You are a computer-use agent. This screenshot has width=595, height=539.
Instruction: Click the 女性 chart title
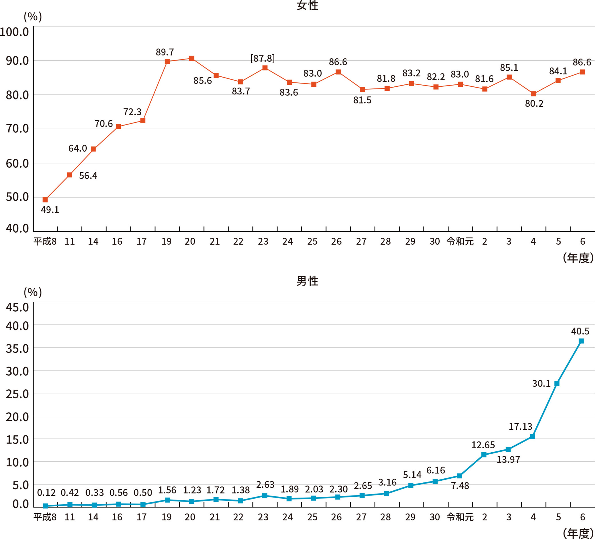307,6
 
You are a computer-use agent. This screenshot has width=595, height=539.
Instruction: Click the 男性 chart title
307,281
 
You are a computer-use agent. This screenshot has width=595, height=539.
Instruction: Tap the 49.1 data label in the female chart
49,210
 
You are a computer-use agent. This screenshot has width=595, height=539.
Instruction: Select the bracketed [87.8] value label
262,58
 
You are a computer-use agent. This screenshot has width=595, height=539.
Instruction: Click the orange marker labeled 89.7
167,62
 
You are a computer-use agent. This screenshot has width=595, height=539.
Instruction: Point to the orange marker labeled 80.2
533,94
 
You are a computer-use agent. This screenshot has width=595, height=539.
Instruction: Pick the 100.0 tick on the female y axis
15,32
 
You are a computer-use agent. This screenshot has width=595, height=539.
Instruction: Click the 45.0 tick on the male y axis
17,307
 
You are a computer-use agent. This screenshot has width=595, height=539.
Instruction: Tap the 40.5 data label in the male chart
580,331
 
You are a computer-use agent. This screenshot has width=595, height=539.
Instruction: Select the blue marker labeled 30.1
557,383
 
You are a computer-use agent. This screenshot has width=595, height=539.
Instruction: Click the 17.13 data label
520,426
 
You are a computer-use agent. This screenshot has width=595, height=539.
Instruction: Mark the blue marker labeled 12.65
484,455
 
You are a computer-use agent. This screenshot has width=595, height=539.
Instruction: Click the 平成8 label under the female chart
45,241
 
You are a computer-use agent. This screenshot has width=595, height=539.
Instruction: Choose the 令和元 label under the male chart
460,517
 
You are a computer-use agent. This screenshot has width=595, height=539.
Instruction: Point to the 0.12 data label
46,492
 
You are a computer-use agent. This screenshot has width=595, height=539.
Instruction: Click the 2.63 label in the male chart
265,484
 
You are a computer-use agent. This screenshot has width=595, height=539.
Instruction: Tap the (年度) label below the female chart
578,258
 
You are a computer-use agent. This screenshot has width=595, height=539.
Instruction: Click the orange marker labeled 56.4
69,175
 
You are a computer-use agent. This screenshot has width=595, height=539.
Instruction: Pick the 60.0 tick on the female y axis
17,163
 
